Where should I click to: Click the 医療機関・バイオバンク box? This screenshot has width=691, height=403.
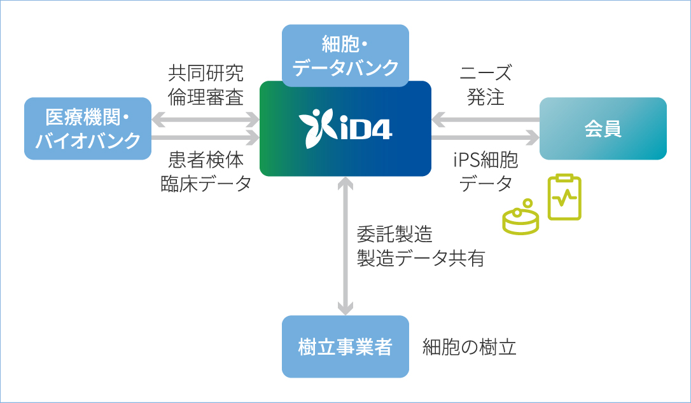pyautogui.click(x=88, y=128)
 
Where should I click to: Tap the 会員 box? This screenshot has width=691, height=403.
pyautogui.click(x=603, y=128)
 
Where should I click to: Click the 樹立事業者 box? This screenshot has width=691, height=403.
pyautogui.click(x=345, y=347)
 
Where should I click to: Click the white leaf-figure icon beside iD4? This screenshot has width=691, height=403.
pyautogui.click(x=316, y=127)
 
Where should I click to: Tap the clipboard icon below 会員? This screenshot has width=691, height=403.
pyautogui.click(x=564, y=197)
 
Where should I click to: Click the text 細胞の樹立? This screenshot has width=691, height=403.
pyautogui.click(x=469, y=347)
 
